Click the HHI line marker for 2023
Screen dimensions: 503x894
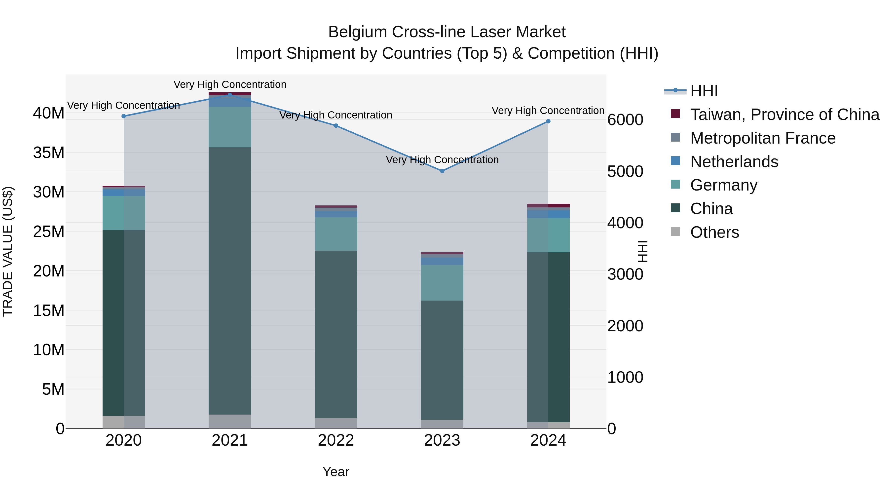coord(442,171)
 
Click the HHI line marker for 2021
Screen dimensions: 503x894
coord(230,95)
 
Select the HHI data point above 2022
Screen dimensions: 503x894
coord(336,126)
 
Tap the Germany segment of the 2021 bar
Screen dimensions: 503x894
coord(230,127)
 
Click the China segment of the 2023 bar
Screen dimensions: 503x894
coord(442,360)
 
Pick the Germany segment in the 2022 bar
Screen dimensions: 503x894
coord(336,234)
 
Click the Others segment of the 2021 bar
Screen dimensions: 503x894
coord(230,422)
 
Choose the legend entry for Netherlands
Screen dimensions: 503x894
coord(734,162)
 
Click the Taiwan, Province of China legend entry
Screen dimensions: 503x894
coord(784,115)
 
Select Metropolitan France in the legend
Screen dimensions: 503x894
coord(762,138)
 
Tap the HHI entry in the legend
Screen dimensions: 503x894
coord(704,91)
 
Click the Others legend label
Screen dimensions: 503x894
coord(714,232)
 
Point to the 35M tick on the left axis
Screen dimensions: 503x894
coord(49,153)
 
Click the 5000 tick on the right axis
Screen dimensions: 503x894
coord(625,171)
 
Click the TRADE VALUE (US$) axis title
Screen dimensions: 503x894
coord(8,251)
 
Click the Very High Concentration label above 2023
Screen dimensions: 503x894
coord(442,160)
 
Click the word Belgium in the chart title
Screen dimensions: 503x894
coord(357,32)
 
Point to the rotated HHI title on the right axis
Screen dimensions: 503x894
coord(643,251)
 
